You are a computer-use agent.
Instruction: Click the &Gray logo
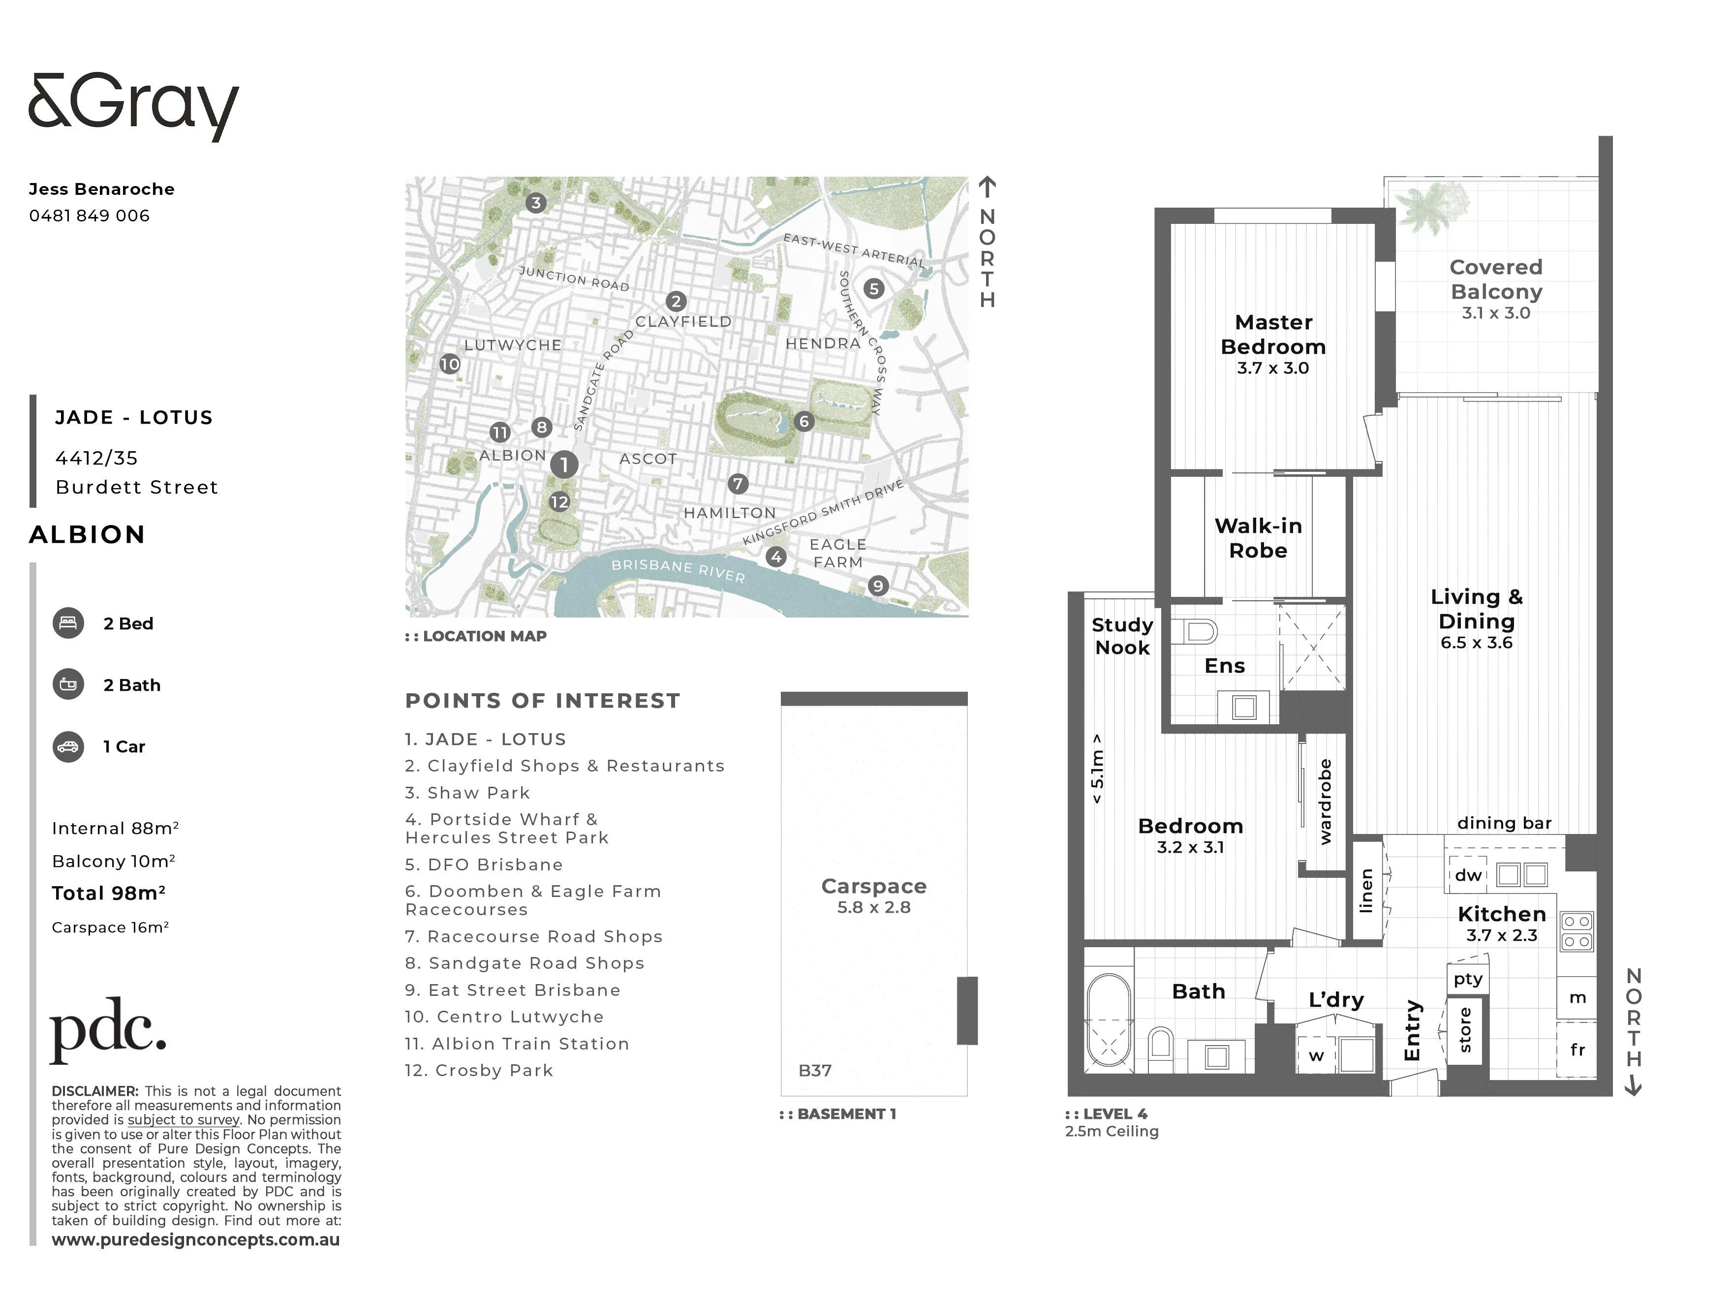point(133,107)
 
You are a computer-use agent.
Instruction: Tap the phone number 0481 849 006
point(89,216)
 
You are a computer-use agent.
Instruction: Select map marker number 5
point(874,289)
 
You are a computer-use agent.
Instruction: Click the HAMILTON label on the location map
point(729,513)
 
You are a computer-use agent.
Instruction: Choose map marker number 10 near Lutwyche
point(450,364)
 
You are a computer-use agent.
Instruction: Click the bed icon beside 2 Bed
point(68,623)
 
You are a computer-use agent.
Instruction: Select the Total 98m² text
point(109,894)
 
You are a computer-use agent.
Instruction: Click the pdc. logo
point(108,1030)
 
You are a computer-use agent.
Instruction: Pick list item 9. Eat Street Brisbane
point(513,990)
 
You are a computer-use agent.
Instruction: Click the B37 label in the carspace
point(815,1070)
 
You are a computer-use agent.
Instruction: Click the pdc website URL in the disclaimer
point(196,1240)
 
